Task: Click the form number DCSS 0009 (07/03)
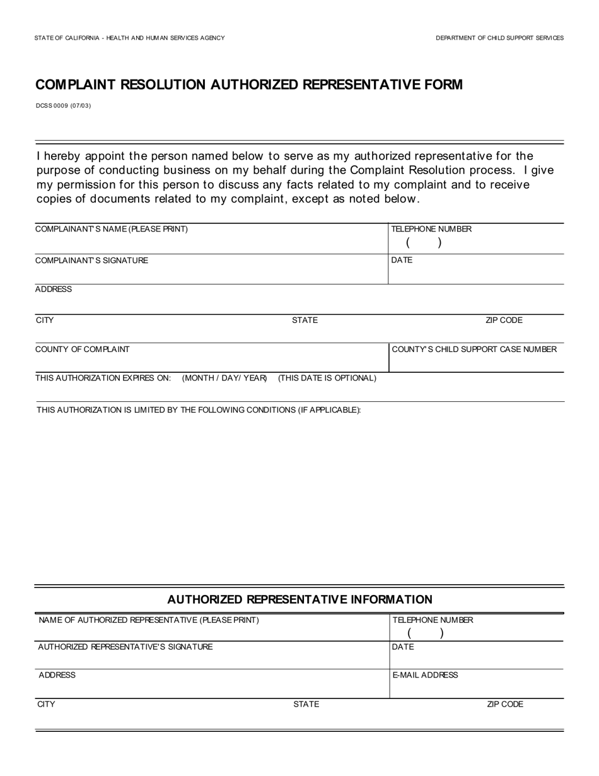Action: point(63,105)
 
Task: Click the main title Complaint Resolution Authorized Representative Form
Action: point(248,85)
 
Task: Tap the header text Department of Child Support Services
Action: point(499,38)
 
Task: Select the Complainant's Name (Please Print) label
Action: point(112,229)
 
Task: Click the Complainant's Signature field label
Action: point(92,260)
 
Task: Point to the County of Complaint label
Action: point(83,349)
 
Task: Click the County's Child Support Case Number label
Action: point(474,349)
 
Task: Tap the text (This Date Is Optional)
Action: point(327,378)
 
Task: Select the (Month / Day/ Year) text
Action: point(224,378)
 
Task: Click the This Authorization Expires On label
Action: point(103,378)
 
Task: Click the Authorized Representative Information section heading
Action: point(300,599)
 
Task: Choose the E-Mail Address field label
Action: point(425,675)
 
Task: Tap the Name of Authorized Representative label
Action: point(149,620)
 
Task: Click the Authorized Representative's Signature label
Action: point(125,647)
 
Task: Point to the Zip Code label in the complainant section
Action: point(504,320)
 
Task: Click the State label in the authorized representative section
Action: point(306,704)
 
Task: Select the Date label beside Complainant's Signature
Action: point(402,260)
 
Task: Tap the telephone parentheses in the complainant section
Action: point(423,243)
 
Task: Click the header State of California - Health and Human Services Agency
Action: point(130,38)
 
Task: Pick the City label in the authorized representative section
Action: point(46,704)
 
